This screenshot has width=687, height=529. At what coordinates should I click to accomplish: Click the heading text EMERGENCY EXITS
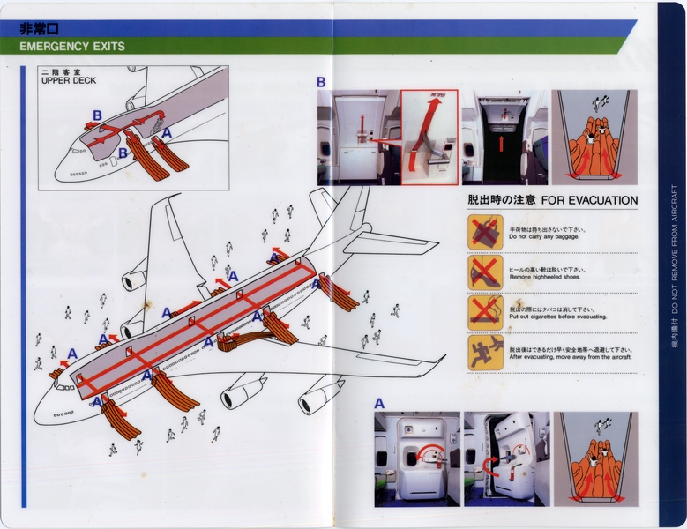tap(71, 46)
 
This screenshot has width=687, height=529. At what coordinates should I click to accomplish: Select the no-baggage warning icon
tap(485, 232)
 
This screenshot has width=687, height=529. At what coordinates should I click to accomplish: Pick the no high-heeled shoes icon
tap(485, 272)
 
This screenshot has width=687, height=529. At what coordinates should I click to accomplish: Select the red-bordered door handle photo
tap(429, 138)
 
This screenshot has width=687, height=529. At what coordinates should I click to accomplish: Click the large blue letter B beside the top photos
tap(322, 82)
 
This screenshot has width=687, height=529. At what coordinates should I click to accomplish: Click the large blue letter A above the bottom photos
tap(379, 403)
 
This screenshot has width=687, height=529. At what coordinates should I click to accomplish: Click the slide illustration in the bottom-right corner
tap(591, 458)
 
